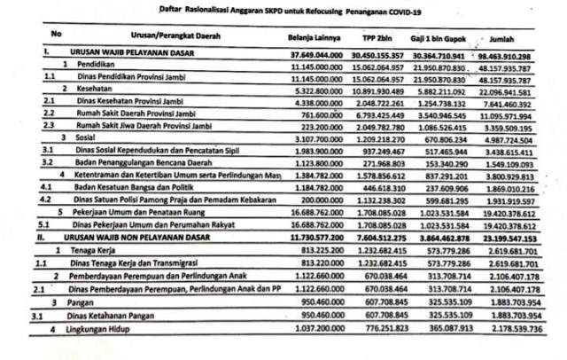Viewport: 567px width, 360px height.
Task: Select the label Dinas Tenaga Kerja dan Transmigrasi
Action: coord(132,264)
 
